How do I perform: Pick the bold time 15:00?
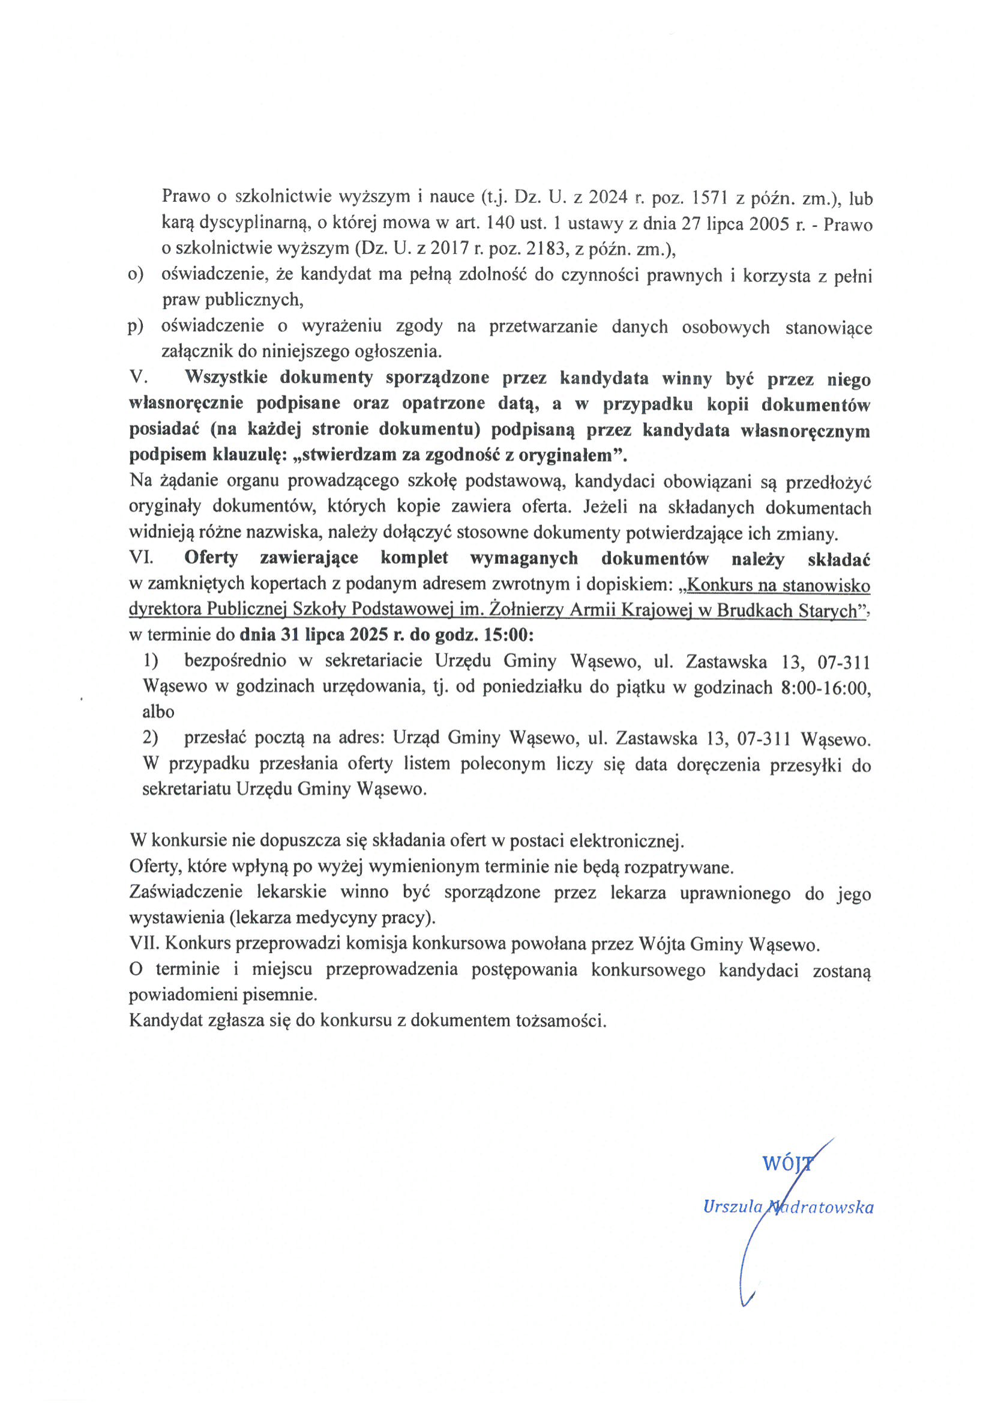point(508,635)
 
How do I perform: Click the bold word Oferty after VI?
point(211,558)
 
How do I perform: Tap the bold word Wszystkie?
point(226,377)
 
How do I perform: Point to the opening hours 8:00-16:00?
point(825,688)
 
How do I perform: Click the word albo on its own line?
point(158,712)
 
